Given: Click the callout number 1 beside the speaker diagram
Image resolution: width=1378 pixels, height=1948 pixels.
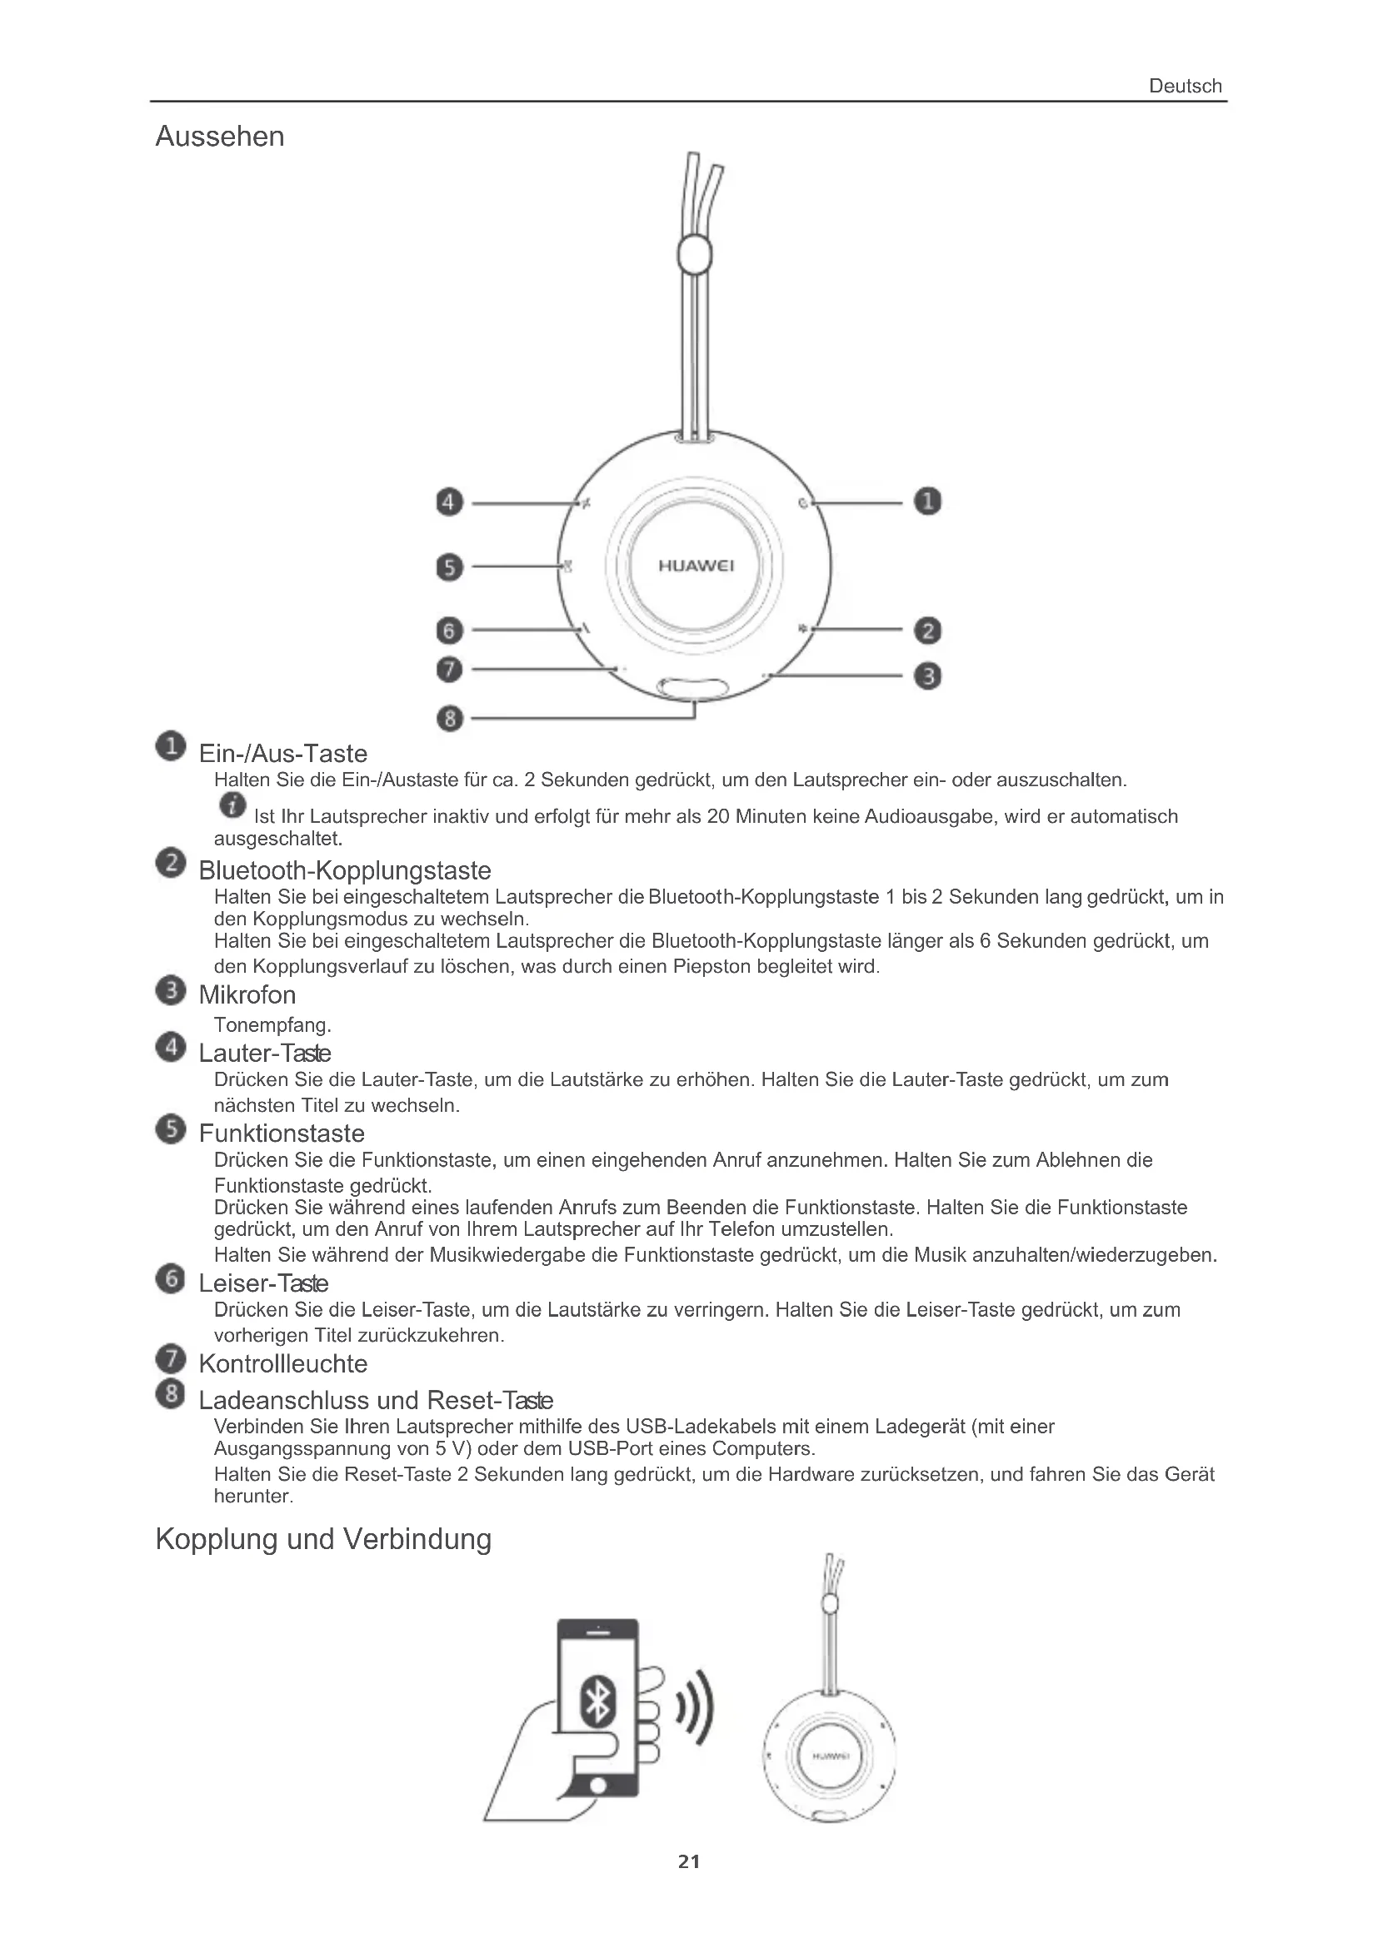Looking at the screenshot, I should coord(927,501).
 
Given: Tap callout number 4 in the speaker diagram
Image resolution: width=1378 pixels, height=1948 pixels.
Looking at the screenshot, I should coord(449,502).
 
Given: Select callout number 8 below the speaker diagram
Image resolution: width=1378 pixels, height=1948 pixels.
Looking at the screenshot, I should coord(450,719).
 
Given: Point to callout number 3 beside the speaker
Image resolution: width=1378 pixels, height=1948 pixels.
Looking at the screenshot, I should coord(927,676).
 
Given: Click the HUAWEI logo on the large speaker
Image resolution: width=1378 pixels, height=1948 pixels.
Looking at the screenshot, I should coord(696,565).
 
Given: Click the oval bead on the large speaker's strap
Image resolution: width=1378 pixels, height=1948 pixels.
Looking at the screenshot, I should coord(694,255).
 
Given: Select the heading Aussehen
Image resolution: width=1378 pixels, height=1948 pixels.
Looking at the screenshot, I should coord(220,137).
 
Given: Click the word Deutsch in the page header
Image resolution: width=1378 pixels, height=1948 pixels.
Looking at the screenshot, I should coord(1185,86).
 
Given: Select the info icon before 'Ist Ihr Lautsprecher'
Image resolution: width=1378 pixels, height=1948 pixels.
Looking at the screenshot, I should coord(232,805).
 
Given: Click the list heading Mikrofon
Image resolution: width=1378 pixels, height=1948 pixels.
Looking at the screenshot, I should coord(247,994).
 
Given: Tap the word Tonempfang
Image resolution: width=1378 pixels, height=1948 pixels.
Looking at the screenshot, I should coord(272,1025).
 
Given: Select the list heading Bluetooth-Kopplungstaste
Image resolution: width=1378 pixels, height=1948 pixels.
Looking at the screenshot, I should coord(345,870).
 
